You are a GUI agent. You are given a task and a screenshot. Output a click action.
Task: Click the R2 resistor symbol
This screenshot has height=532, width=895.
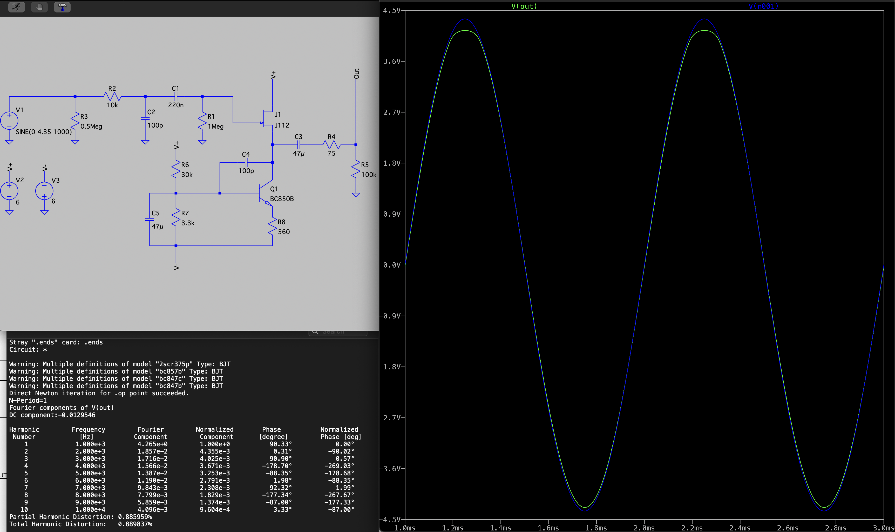click(112, 96)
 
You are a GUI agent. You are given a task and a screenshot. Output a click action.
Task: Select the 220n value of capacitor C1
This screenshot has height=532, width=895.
click(176, 105)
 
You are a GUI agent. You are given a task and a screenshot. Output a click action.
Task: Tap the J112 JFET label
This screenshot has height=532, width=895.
click(282, 125)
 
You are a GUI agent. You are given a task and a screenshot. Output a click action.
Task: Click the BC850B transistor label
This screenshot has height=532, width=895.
click(282, 199)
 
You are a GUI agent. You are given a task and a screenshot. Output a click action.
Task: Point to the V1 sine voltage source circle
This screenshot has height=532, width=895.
click(9, 121)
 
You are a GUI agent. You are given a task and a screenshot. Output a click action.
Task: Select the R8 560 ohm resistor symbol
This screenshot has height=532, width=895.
click(273, 227)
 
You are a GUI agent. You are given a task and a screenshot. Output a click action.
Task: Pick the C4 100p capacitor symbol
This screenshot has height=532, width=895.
click(246, 162)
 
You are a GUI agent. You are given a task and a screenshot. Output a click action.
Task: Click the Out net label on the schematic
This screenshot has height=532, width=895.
click(356, 74)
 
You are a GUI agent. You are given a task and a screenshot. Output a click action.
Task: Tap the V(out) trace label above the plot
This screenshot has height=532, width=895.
click(524, 6)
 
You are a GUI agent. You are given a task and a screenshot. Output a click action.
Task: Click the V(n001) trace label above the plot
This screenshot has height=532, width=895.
click(764, 6)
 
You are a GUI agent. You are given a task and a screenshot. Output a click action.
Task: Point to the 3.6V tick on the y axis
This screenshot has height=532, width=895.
click(391, 62)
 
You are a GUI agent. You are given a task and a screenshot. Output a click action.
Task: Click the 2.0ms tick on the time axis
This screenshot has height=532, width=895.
click(644, 528)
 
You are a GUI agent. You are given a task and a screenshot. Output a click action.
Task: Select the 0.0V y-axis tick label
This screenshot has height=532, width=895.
click(391, 265)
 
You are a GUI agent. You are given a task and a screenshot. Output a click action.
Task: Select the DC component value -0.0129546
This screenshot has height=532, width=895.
click(77, 415)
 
